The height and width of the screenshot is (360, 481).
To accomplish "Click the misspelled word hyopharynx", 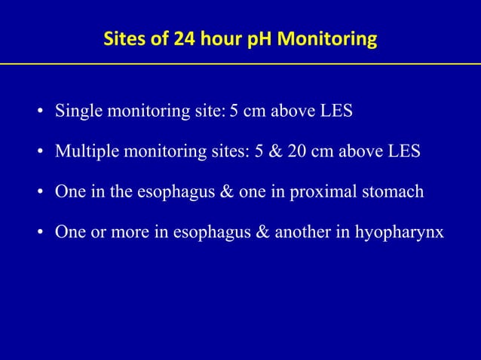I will point(406,231).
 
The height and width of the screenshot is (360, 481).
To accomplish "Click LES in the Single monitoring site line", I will point(334,112).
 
